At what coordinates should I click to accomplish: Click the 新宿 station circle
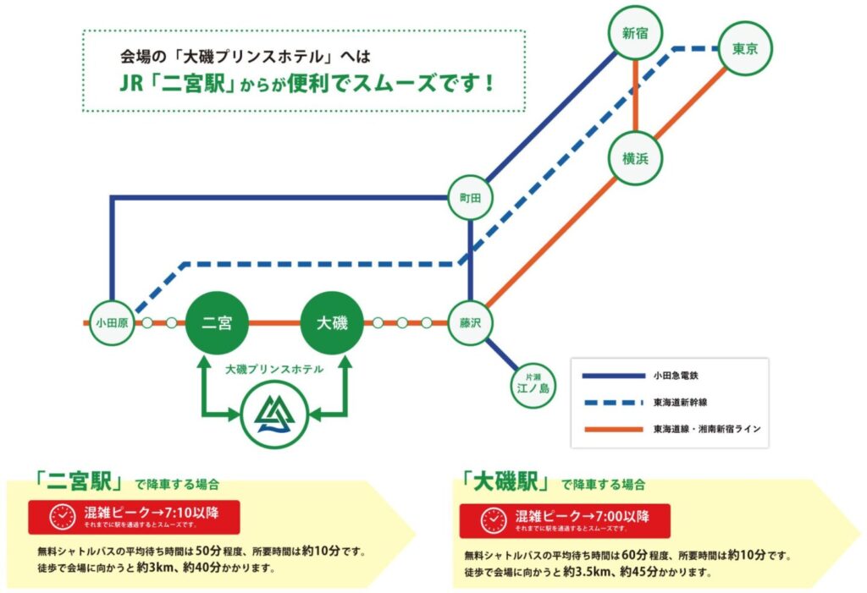[635, 35]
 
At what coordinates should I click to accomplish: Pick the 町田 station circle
[469, 197]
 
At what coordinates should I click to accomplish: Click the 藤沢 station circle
[469, 322]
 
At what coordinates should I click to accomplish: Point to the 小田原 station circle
[111, 322]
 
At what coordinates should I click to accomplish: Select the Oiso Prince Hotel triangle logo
[274, 415]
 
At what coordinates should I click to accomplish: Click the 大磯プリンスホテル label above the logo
[274, 370]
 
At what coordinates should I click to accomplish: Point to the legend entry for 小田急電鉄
[673, 374]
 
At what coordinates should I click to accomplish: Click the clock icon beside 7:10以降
[62, 516]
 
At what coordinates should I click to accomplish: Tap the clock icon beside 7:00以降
[494, 520]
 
